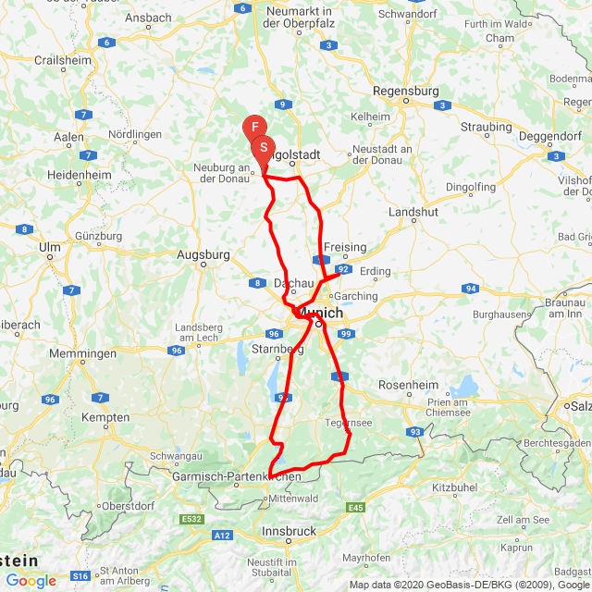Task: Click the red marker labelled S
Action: click(x=264, y=147)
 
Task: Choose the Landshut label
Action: click(x=413, y=212)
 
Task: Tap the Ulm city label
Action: click(x=49, y=247)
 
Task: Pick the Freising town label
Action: click(x=343, y=248)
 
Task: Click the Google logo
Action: click(x=31, y=580)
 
